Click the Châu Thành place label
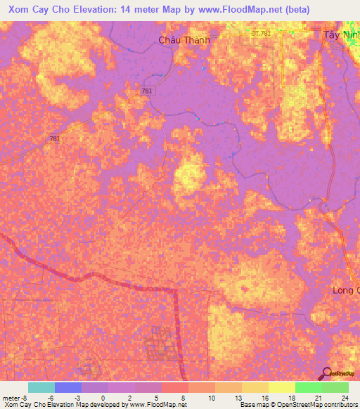point(184,40)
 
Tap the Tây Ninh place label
point(341,35)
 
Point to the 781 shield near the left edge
point(55,139)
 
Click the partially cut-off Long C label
point(345,290)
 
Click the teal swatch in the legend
point(41,387)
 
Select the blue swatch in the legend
point(68,387)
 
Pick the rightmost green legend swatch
point(335,387)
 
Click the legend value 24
point(344,397)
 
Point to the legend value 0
point(103,397)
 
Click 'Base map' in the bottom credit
point(250,405)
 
